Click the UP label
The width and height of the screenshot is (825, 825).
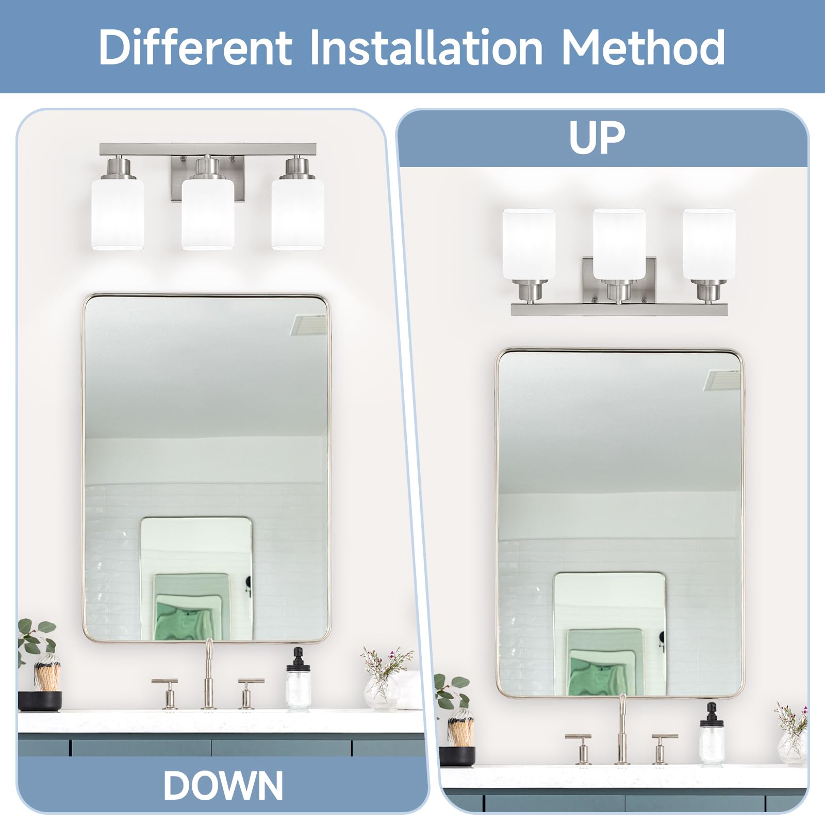point(597,138)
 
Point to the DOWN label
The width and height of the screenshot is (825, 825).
point(223,785)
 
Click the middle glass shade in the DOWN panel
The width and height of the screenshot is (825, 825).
point(208,213)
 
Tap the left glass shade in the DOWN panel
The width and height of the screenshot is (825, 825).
point(118,213)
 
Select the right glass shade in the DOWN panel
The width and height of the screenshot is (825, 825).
point(298,213)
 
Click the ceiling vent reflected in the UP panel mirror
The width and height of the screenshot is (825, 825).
point(722,380)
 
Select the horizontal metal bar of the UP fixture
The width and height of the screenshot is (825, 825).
point(619,309)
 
